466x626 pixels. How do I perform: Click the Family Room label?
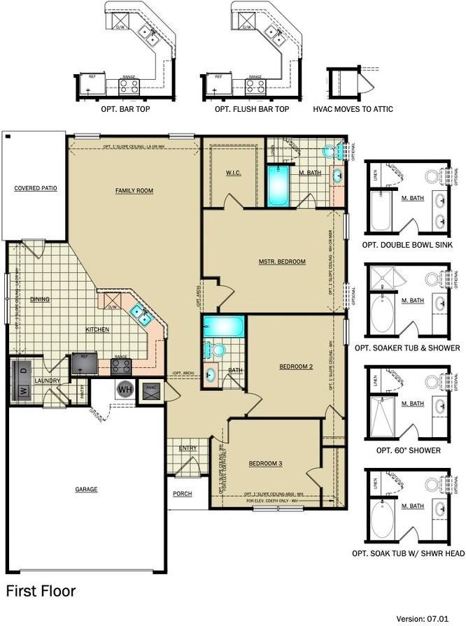tap(134, 190)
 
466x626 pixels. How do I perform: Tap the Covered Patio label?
tap(35, 188)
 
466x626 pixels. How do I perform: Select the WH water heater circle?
tap(125, 389)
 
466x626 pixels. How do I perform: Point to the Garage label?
tap(86, 490)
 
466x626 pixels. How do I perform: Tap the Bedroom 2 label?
tap(295, 366)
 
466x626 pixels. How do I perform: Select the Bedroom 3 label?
tap(266, 464)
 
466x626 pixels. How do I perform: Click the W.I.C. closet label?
tap(233, 173)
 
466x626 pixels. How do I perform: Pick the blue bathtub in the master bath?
tap(278, 185)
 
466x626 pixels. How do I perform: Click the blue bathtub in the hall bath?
tap(224, 326)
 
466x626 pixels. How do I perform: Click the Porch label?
tap(183, 494)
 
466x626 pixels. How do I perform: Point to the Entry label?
tap(188, 448)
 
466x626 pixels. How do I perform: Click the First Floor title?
tap(41, 591)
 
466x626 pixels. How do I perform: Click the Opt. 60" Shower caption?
tap(408, 450)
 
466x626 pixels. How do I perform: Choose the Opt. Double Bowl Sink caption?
tap(408, 245)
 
